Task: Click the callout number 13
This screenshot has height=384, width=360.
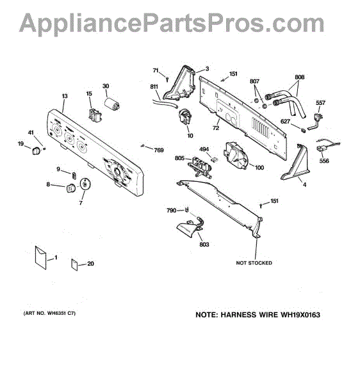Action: point(65,96)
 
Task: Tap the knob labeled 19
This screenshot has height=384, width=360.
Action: point(37,151)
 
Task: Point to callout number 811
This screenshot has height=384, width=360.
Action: point(154,86)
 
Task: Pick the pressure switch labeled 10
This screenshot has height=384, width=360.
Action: point(185,116)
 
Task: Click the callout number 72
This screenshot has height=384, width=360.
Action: point(216,128)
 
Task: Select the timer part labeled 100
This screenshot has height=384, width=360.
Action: point(235,154)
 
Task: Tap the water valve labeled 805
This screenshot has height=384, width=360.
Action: point(200,166)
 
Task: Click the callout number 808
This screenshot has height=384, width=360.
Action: point(300,77)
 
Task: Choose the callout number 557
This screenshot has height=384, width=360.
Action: point(320,103)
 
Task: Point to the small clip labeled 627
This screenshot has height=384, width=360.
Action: point(304,130)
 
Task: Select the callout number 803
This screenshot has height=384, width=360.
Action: point(204,244)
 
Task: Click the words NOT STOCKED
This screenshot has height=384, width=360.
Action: point(254,263)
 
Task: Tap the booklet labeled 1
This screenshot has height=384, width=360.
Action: point(41,258)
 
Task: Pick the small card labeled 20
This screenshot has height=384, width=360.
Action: point(74,264)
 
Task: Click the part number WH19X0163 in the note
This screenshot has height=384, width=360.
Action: point(300,315)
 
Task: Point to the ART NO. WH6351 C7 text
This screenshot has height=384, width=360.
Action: point(49,313)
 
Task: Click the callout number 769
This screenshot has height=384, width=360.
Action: point(159,150)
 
